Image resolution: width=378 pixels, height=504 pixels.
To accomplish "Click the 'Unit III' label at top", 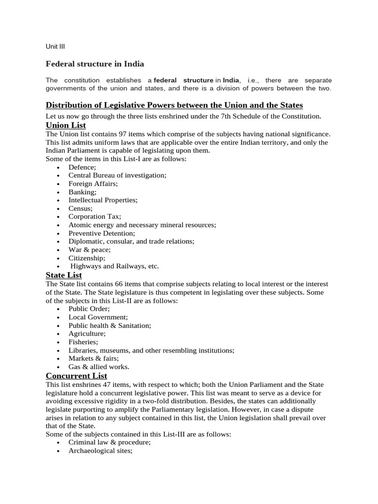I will pyautogui.click(x=55, y=47).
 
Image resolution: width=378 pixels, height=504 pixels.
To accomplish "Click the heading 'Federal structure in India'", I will pyautogui.click(x=95, y=64).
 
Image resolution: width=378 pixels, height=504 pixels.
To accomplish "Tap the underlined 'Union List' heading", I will pyautogui.click(x=65, y=125).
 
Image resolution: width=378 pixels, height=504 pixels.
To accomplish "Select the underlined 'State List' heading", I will pyautogui.click(x=63, y=275).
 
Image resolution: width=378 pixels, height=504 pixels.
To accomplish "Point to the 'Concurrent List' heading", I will pyautogui.click(x=76, y=376).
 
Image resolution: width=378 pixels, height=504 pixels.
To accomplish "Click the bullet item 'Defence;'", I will pyautogui.click(x=82, y=167).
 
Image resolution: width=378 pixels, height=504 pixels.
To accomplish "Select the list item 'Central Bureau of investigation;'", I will pyautogui.click(x=117, y=175).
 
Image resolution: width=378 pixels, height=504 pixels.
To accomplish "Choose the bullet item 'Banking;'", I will pyautogui.click(x=82, y=192).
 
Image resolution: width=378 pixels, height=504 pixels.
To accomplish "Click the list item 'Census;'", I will pyautogui.click(x=80, y=208).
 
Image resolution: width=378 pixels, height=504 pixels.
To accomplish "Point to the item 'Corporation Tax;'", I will pyautogui.click(x=94, y=217).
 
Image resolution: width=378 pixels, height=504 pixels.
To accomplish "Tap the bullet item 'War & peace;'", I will pyautogui.click(x=90, y=250).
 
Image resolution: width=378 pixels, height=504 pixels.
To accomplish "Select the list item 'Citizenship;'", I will pyautogui.click(x=87, y=258).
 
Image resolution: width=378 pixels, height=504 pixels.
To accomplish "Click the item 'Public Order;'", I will pyautogui.click(x=89, y=309).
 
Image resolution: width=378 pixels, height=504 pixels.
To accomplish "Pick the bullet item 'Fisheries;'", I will pyautogui.click(x=83, y=342).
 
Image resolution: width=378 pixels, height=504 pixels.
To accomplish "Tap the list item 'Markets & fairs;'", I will pyautogui.click(x=94, y=358).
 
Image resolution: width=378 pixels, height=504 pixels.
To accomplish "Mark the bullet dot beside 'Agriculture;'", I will pyautogui.click(x=58, y=334).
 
